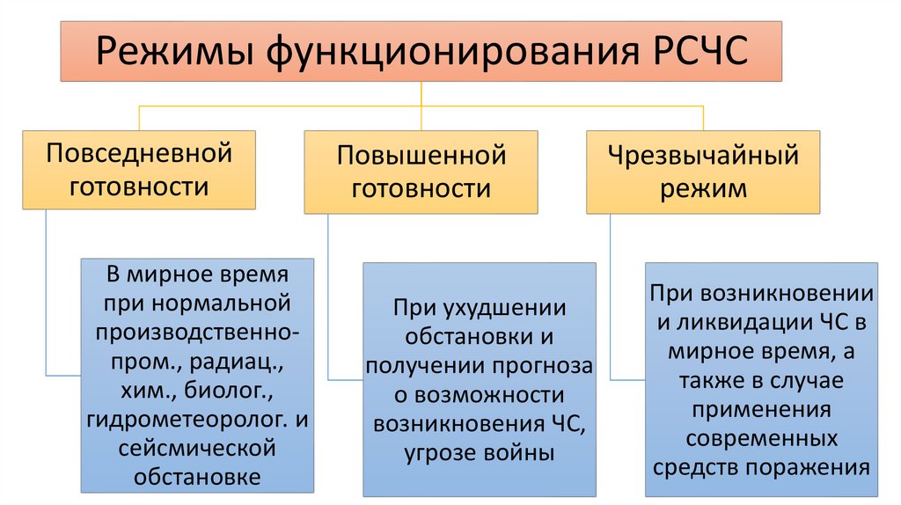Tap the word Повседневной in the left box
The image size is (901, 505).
pyautogui.click(x=139, y=154)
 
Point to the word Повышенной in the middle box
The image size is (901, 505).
pyautogui.click(x=421, y=157)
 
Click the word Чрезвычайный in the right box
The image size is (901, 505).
pyautogui.click(x=703, y=157)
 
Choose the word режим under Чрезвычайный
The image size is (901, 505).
pyautogui.click(x=703, y=187)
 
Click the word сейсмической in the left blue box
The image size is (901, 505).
pyautogui.click(x=198, y=449)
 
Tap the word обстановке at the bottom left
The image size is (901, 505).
pyautogui.click(x=198, y=478)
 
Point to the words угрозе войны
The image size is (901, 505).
pyautogui.click(x=479, y=453)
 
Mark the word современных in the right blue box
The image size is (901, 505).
pyautogui.click(x=762, y=437)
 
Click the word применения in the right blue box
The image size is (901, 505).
pyautogui.click(x=762, y=409)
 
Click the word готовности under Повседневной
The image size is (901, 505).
pyautogui.click(x=139, y=186)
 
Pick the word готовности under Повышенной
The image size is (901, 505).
pyautogui.click(x=421, y=188)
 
